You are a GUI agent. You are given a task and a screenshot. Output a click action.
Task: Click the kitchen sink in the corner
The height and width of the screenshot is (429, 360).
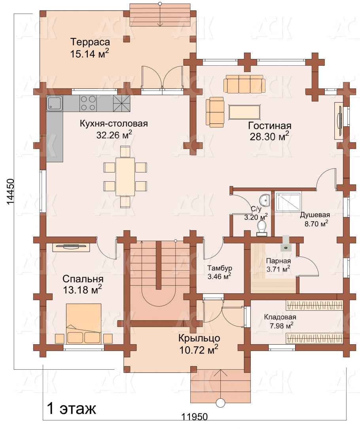[x=55, y=103]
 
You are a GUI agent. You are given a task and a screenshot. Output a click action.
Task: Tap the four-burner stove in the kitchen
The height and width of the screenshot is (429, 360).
[x=88, y=103]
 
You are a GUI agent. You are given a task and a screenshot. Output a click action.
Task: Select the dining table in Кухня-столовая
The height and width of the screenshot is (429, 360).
[x=125, y=177]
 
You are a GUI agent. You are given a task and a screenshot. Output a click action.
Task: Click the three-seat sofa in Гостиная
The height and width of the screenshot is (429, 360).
[x=244, y=84]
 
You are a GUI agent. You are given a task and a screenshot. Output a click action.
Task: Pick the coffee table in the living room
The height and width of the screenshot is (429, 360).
[x=244, y=112]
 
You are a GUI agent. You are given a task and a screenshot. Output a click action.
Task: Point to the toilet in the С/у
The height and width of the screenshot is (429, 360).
[x=262, y=228]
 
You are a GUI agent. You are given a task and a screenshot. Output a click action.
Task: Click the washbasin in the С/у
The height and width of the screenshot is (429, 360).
[x=265, y=200]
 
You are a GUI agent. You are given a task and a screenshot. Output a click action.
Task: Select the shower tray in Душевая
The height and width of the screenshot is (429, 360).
[x=288, y=202]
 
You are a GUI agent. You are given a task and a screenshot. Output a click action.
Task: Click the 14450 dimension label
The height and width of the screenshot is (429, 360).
[x=10, y=192]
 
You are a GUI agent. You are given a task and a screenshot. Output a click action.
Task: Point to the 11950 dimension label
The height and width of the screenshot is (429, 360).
[x=195, y=424]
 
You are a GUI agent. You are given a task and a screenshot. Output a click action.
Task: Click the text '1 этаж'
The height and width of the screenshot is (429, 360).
[x=71, y=409]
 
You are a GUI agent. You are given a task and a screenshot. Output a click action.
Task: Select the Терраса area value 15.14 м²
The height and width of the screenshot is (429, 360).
[x=90, y=54]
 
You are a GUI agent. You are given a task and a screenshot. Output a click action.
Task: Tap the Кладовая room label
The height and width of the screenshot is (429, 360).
[x=280, y=317]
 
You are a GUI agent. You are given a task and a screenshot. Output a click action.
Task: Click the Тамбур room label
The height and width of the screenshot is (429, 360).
[x=220, y=268]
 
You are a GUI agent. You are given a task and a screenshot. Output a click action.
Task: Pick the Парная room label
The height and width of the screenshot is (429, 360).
[x=279, y=261]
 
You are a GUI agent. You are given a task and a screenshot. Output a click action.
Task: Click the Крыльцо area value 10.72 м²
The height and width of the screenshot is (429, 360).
[x=199, y=350]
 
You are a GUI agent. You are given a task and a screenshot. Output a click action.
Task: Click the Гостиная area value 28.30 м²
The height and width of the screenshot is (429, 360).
[x=269, y=137]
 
